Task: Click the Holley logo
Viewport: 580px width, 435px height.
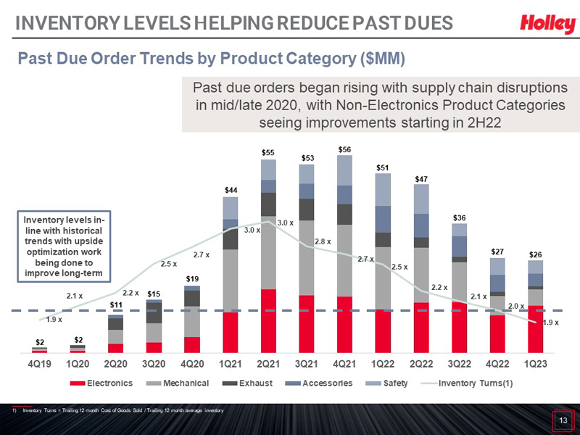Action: point(547,25)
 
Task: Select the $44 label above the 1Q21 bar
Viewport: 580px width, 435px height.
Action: point(231,190)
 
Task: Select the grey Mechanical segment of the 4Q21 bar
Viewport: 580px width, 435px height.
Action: point(346,260)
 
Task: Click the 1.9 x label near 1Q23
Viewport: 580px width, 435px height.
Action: point(552,322)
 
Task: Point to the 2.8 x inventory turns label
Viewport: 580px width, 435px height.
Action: point(323,241)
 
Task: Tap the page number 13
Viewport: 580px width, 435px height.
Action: point(562,420)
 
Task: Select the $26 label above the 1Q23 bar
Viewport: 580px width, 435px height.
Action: point(535,254)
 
